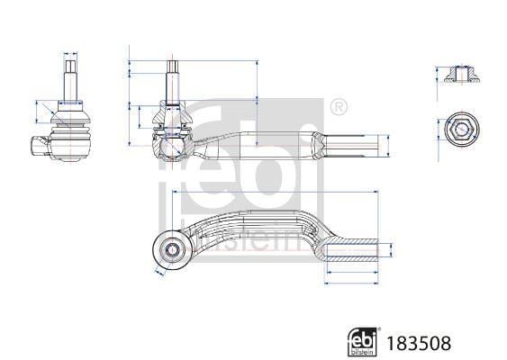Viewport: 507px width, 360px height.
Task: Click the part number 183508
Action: coord(419,343)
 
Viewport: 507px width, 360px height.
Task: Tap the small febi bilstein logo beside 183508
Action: coord(362,342)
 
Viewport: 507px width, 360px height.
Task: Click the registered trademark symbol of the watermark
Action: coord(339,106)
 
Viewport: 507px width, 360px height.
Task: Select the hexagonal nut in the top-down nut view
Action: coord(461,130)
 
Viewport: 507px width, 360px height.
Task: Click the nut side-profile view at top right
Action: coord(461,74)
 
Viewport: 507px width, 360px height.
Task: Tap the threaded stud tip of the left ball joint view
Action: coord(70,67)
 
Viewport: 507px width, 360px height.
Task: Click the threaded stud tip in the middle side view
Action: coord(173,67)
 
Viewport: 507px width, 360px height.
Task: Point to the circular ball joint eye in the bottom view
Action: coord(170,249)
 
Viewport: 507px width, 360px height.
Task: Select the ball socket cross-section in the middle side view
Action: coord(171,148)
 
